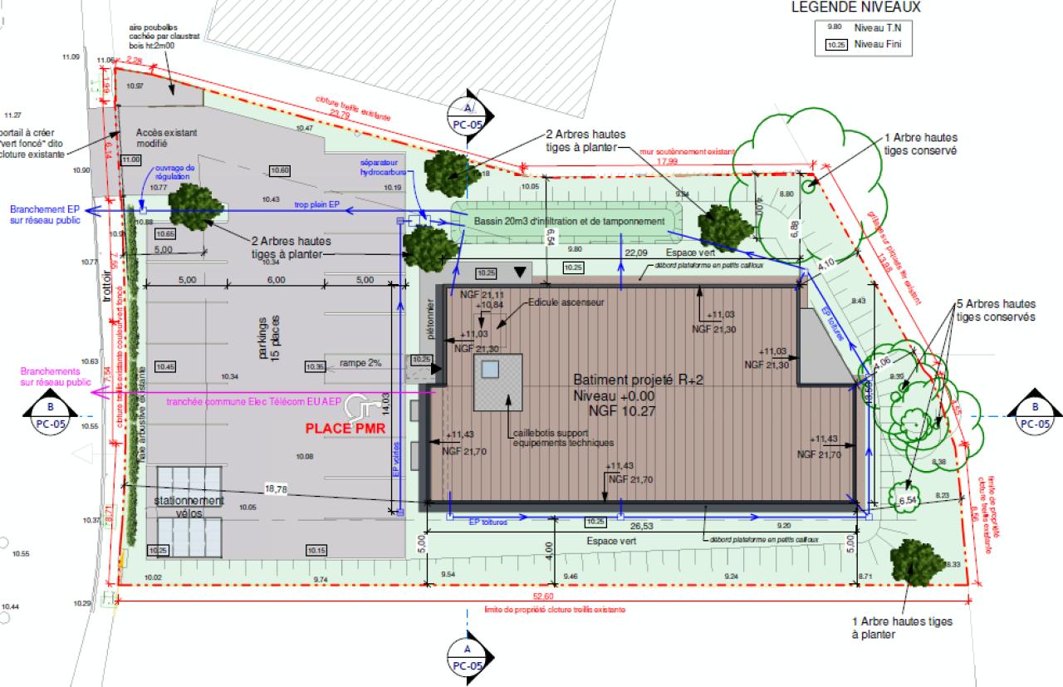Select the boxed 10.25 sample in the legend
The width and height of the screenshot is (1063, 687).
point(837,46)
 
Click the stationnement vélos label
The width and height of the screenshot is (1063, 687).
point(189,507)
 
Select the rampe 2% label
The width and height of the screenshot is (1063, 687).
point(360,363)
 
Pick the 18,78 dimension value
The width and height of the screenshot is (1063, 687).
point(276,489)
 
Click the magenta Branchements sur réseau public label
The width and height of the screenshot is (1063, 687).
point(55,376)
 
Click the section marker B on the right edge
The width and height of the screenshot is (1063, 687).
point(1034,415)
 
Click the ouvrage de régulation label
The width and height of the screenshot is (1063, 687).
point(174,172)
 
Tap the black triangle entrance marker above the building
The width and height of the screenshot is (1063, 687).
point(521,272)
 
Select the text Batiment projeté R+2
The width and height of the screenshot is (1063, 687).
point(639,380)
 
